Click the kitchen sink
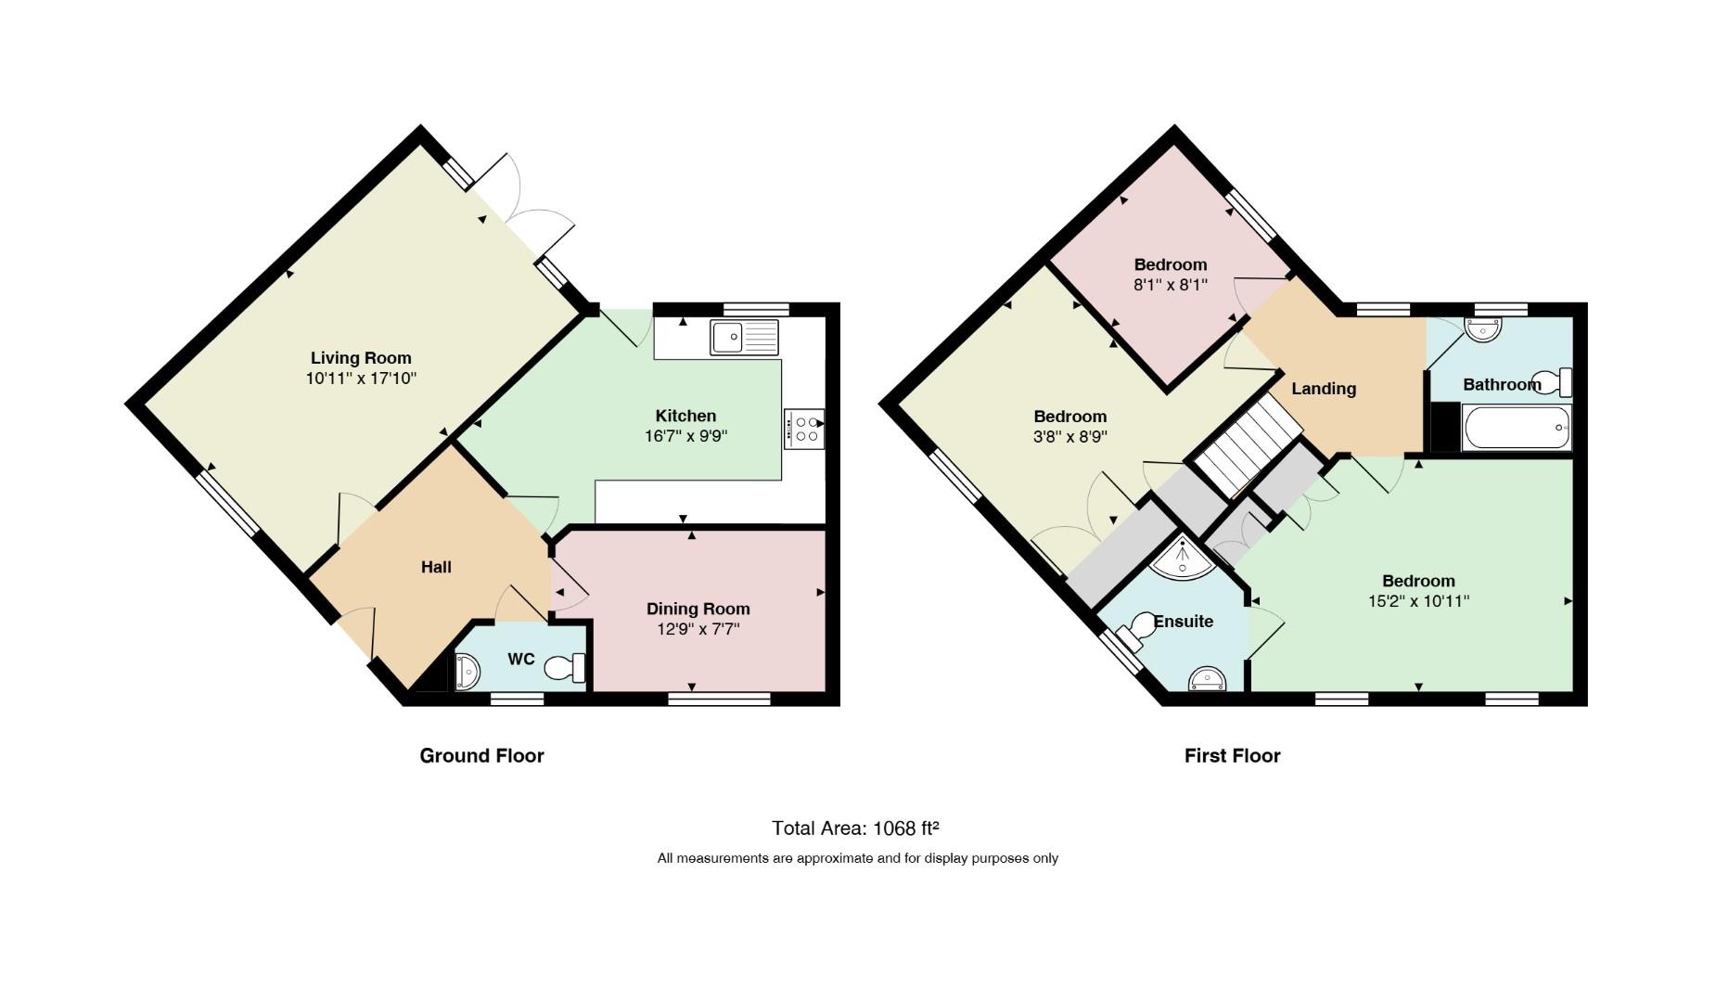(x=745, y=338)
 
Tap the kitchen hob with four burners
(x=804, y=429)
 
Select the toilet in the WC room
(x=566, y=668)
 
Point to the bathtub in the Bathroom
(x=1517, y=428)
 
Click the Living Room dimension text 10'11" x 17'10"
(x=361, y=379)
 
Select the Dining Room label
(x=698, y=609)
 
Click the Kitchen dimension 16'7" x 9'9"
(x=685, y=435)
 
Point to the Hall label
(x=436, y=567)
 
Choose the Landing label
(x=1324, y=389)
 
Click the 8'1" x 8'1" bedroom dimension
(x=1171, y=285)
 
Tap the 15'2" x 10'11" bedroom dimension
(x=1418, y=601)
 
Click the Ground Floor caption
(x=481, y=755)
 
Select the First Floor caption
(x=1232, y=755)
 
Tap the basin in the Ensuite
(x=1207, y=679)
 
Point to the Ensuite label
(x=1184, y=622)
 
